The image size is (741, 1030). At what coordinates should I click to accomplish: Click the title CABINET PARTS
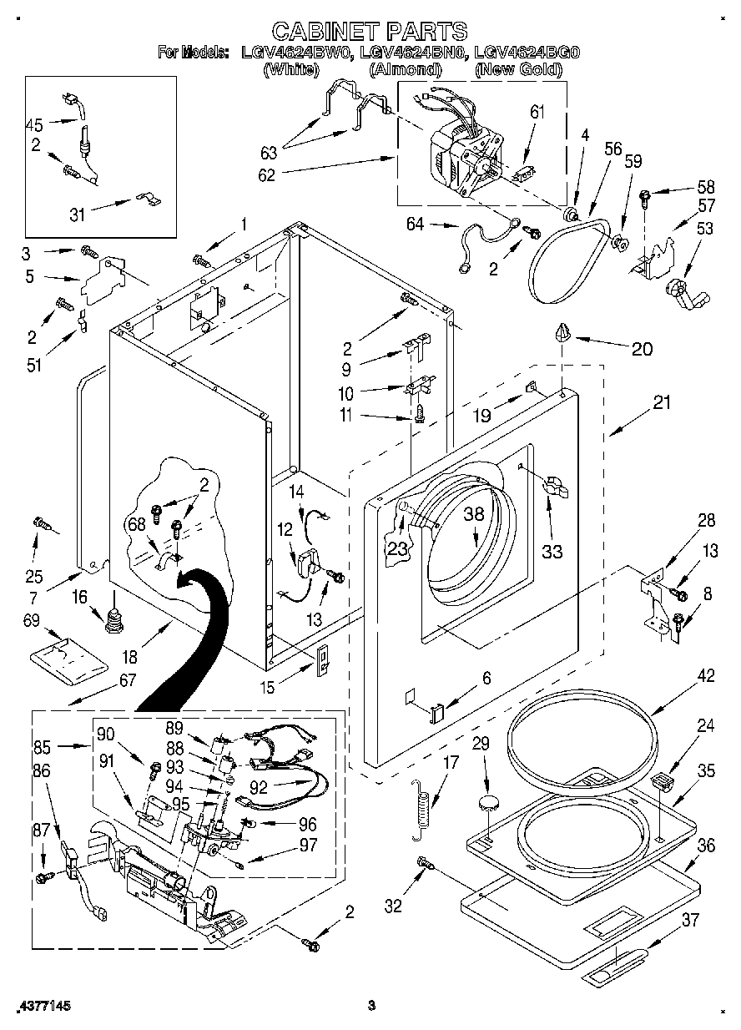[370, 32]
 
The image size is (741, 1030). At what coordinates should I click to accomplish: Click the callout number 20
[642, 350]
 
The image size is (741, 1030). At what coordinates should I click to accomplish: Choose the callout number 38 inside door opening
[473, 516]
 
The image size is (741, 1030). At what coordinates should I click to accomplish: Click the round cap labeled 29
[488, 804]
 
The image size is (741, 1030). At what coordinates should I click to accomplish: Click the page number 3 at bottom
[371, 1005]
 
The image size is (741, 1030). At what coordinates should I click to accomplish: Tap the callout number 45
[34, 126]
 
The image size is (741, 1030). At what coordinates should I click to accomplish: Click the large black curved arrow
[188, 634]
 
